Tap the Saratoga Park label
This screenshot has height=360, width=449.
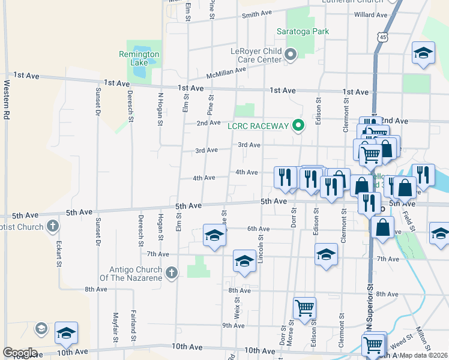click(x=303, y=31)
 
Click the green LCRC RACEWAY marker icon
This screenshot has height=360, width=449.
click(x=297, y=126)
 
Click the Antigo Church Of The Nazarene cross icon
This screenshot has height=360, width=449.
click(x=172, y=273)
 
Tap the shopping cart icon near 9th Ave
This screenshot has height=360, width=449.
click(x=304, y=308)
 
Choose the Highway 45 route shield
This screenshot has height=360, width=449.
click(x=382, y=37)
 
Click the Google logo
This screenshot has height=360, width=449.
click(x=20, y=352)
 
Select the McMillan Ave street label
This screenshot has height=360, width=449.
click(x=226, y=73)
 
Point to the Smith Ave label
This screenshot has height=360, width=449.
click(x=258, y=14)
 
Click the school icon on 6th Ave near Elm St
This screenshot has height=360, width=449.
click(x=214, y=235)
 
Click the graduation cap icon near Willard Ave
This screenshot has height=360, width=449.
click(x=423, y=53)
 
